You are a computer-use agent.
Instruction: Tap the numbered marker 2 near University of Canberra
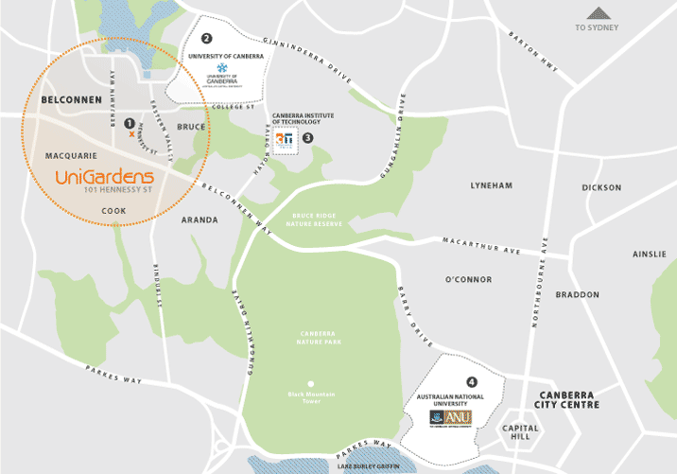[x=206, y=39]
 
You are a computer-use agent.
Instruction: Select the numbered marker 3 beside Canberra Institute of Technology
[x=307, y=137]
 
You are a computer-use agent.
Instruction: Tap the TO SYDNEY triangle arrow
[x=597, y=13]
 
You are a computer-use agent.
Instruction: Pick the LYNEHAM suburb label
[x=492, y=186]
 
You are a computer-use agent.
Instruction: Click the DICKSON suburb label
[x=601, y=187]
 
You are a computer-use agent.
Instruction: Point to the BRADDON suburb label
[x=577, y=294]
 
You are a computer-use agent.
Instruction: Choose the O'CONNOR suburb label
[x=469, y=280]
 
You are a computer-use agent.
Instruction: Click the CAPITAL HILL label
[x=522, y=432]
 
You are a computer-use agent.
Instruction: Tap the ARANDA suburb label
[x=199, y=219]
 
